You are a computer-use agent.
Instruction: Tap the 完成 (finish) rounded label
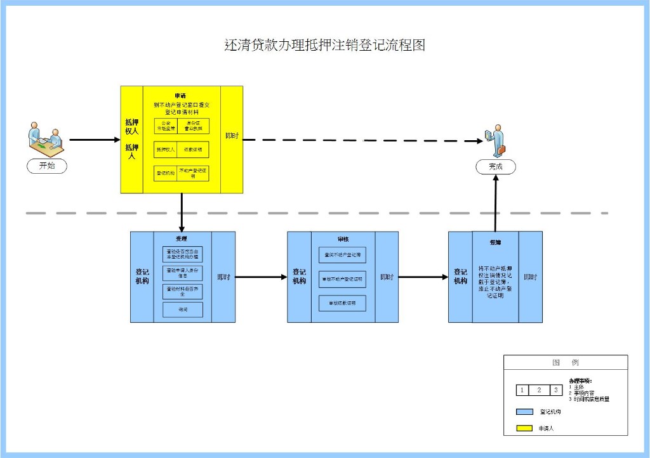click(x=496, y=166)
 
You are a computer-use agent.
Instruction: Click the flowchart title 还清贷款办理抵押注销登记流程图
click(x=324, y=45)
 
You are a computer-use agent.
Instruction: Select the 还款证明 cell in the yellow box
click(x=193, y=150)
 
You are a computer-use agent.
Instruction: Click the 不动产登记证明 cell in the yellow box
click(x=193, y=173)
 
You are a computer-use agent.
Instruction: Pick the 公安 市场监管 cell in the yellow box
click(x=166, y=126)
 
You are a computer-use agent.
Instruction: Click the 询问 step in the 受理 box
click(x=183, y=310)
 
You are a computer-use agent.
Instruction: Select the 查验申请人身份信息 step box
click(x=183, y=273)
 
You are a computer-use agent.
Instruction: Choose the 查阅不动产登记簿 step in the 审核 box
click(x=343, y=254)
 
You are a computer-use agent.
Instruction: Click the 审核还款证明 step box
click(x=343, y=303)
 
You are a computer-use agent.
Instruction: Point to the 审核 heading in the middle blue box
click(x=343, y=239)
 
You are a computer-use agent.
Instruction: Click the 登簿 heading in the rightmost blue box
click(x=496, y=242)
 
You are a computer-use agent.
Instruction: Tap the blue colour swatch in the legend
click(x=524, y=412)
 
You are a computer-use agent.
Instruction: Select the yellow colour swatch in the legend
click(x=524, y=429)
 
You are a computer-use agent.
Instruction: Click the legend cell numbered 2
click(x=539, y=390)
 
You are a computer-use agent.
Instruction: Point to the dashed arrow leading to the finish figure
click(x=362, y=140)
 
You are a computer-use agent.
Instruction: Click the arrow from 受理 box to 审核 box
click(x=261, y=277)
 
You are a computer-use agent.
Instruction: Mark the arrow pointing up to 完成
click(x=496, y=203)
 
